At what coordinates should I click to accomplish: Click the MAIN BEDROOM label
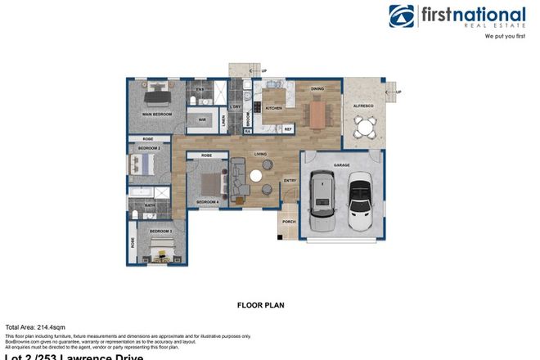click(x=157, y=114)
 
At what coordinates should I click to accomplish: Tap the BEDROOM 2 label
click(x=148, y=148)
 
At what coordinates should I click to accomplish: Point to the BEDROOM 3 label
click(x=160, y=232)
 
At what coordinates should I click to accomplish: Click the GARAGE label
click(x=341, y=164)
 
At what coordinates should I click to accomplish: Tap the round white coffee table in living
click(x=255, y=176)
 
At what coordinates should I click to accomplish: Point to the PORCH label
click(x=288, y=221)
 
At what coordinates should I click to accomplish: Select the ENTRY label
click(x=290, y=181)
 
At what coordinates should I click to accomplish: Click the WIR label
click(x=201, y=120)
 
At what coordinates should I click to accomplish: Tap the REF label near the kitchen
click(x=288, y=128)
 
